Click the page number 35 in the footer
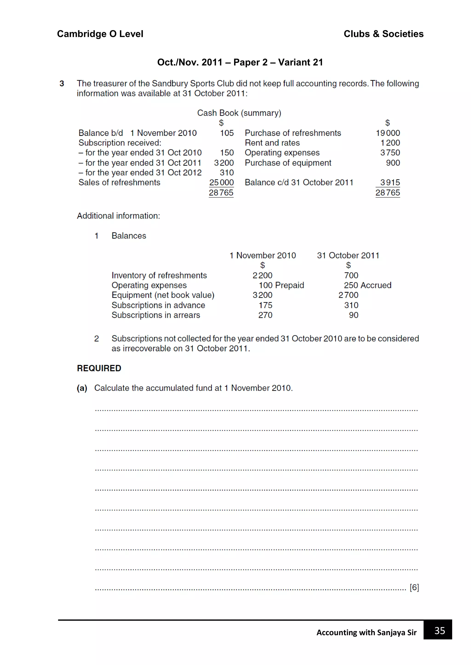(x=439, y=631)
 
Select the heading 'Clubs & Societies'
(x=383, y=34)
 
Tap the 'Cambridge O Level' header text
(x=100, y=34)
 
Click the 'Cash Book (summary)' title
(x=239, y=113)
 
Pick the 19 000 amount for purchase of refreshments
(x=388, y=133)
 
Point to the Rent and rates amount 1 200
(x=390, y=143)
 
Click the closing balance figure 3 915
(x=390, y=183)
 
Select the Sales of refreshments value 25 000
(x=221, y=183)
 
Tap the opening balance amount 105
(x=227, y=133)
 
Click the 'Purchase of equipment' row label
(x=288, y=163)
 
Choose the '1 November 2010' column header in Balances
(x=262, y=255)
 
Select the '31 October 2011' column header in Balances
(x=348, y=255)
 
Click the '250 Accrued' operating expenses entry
(x=368, y=285)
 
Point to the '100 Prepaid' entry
(x=281, y=285)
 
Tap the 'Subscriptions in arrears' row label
(x=156, y=315)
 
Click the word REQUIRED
(x=99, y=368)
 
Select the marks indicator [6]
(x=414, y=587)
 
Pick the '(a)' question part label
(x=82, y=388)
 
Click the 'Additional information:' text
(x=118, y=216)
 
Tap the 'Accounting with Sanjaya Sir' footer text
(x=366, y=633)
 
